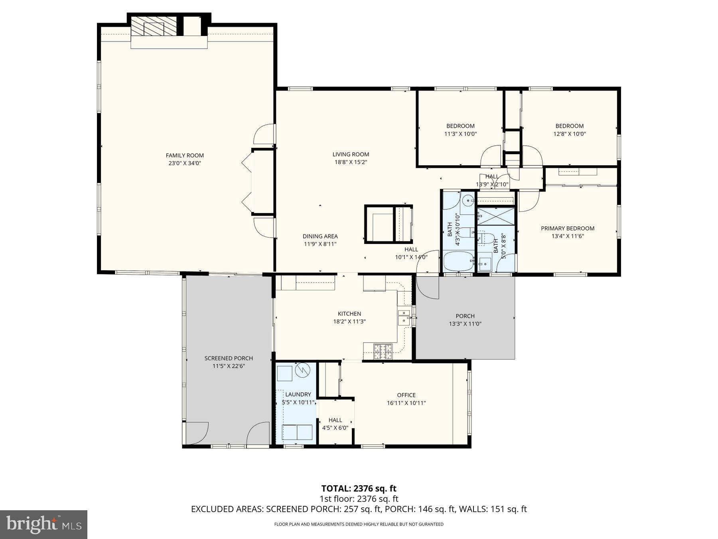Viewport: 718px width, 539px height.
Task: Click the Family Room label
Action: click(185, 156)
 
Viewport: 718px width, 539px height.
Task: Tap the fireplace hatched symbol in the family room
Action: click(154, 26)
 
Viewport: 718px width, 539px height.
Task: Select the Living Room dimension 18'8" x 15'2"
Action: click(350, 162)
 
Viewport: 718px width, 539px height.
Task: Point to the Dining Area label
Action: click(320, 236)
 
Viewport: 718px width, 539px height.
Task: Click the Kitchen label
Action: click(349, 314)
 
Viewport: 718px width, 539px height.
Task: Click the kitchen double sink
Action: click(404, 316)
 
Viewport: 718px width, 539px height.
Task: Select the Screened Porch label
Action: click(229, 358)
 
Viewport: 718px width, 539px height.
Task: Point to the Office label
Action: click(406, 395)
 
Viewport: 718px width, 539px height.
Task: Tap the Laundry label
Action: click(298, 394)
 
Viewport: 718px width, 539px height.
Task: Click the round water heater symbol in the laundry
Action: click(302, 371)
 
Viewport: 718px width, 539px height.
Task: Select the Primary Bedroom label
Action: click(568, 228)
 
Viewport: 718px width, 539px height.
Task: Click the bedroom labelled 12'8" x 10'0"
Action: click(569, 130)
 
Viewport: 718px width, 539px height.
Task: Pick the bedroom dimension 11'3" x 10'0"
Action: click(460, 134)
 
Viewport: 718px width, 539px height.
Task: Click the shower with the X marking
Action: click(496, 216)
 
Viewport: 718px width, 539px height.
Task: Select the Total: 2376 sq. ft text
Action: click(359, 488)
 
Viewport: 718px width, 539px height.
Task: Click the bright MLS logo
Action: click(43, 524)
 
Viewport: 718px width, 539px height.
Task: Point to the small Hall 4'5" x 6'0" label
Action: click(335, 424)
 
